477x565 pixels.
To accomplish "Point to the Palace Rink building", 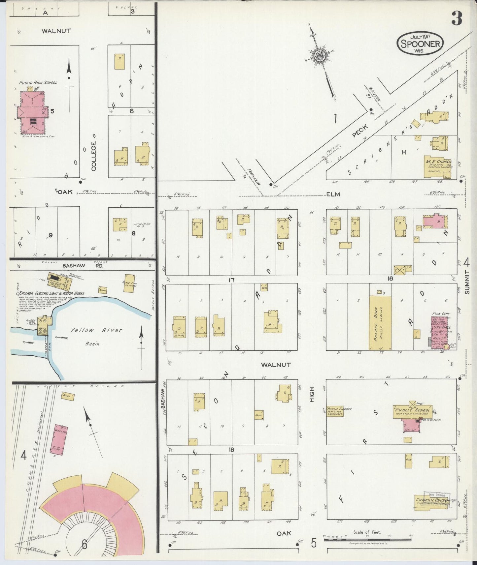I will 380,322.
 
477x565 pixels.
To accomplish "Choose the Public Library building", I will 335,411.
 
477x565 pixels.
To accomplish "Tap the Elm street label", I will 333,194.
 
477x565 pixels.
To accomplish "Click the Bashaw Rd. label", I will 83,266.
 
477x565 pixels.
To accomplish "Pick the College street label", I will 94,156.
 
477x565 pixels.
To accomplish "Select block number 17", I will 231,280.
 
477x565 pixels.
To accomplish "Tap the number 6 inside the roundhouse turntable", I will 85,544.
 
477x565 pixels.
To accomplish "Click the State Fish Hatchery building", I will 129,283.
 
